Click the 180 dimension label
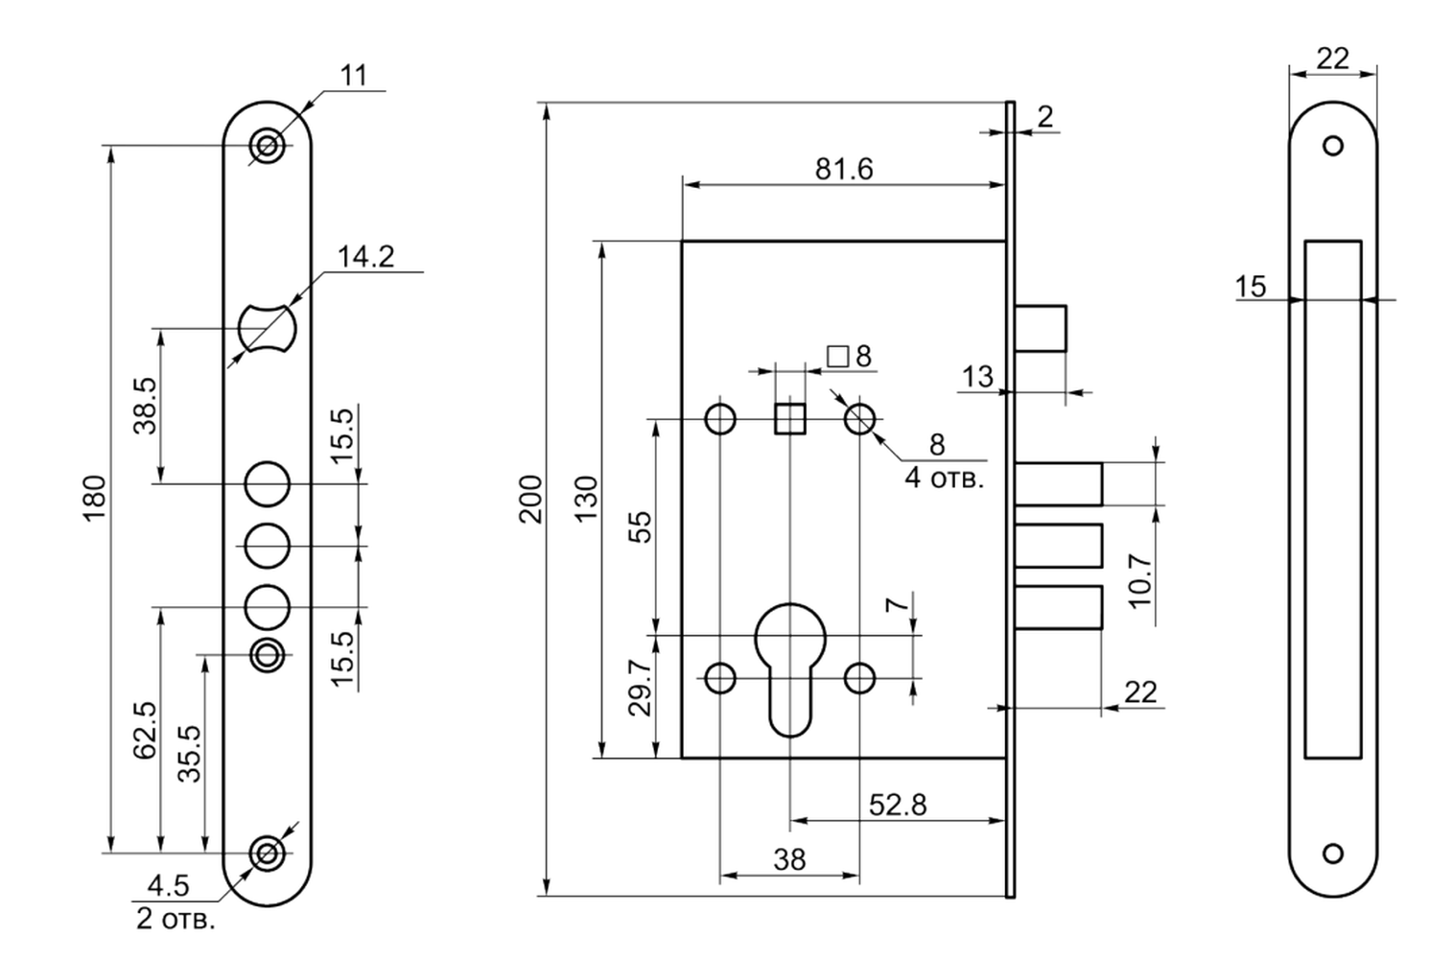click(x=95, y=498)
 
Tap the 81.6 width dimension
click(x=844, y=169)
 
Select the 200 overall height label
click(x=531, y=499)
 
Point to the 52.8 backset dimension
click(x=898, y=805)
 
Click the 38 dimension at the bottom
click(x=789, y=860)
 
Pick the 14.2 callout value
click(x=366, y=257)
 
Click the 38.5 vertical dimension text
click(x=145, y=406)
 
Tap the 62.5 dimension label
click(x=145, y=730)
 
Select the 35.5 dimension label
click(x=189, y=754)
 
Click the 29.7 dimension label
click(x=641, y=689)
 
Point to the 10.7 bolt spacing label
click(x=1141, y=580)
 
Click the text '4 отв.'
click(x=945, y=479)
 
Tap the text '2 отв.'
click(x=175, y=919)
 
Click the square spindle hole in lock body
click(x=790, y=419)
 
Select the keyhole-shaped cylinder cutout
click(x=791, y=670)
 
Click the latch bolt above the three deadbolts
click(x=1041, y=329)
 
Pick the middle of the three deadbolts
click(x=1059, y=546)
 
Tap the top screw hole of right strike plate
click(x=1333, y=146)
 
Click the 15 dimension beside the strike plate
click(x=1251, y=287)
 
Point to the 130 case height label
click(x=587, y=499)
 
